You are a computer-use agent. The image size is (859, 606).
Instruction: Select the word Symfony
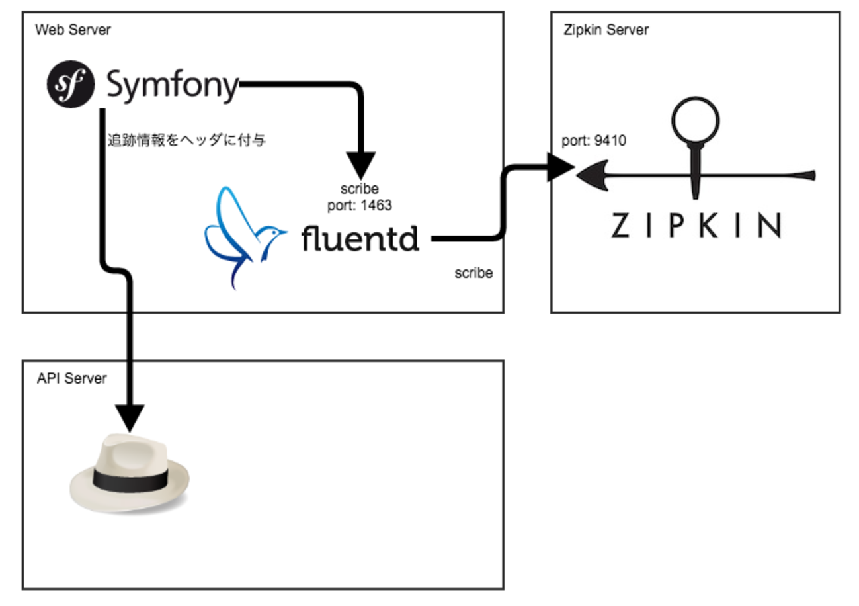point(172,86)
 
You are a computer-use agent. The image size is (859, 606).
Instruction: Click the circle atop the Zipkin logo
point(695,120)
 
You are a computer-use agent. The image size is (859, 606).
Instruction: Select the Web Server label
point(73,30)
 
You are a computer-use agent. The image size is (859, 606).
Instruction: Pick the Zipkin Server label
point(606,30)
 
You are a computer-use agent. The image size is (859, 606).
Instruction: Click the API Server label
point(72,378)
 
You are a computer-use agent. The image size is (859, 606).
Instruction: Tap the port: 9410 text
point(593,141)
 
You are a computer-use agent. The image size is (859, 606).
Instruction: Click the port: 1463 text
point(360,206)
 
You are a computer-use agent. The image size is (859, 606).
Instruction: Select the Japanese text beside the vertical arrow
point(186,140)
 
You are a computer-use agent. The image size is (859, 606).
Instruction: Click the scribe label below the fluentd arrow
point(473,273)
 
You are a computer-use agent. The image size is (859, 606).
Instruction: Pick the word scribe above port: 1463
point(360,190)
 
